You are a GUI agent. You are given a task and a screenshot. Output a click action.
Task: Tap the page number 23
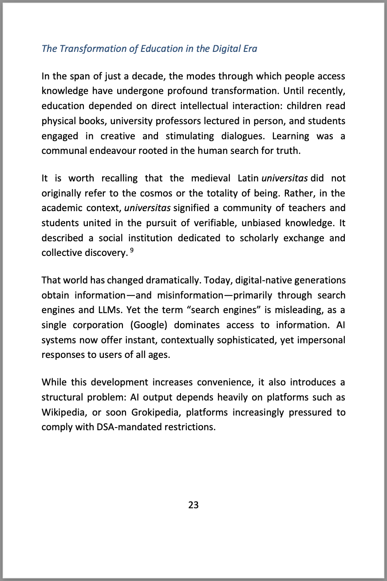[193, 505]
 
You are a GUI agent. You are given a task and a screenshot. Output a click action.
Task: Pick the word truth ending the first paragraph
[288, 150]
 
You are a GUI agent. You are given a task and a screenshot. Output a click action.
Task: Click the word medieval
[211, 178]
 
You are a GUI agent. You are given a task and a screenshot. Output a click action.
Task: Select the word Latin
[248, 178]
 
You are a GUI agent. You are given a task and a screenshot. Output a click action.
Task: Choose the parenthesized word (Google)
[148, 325]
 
